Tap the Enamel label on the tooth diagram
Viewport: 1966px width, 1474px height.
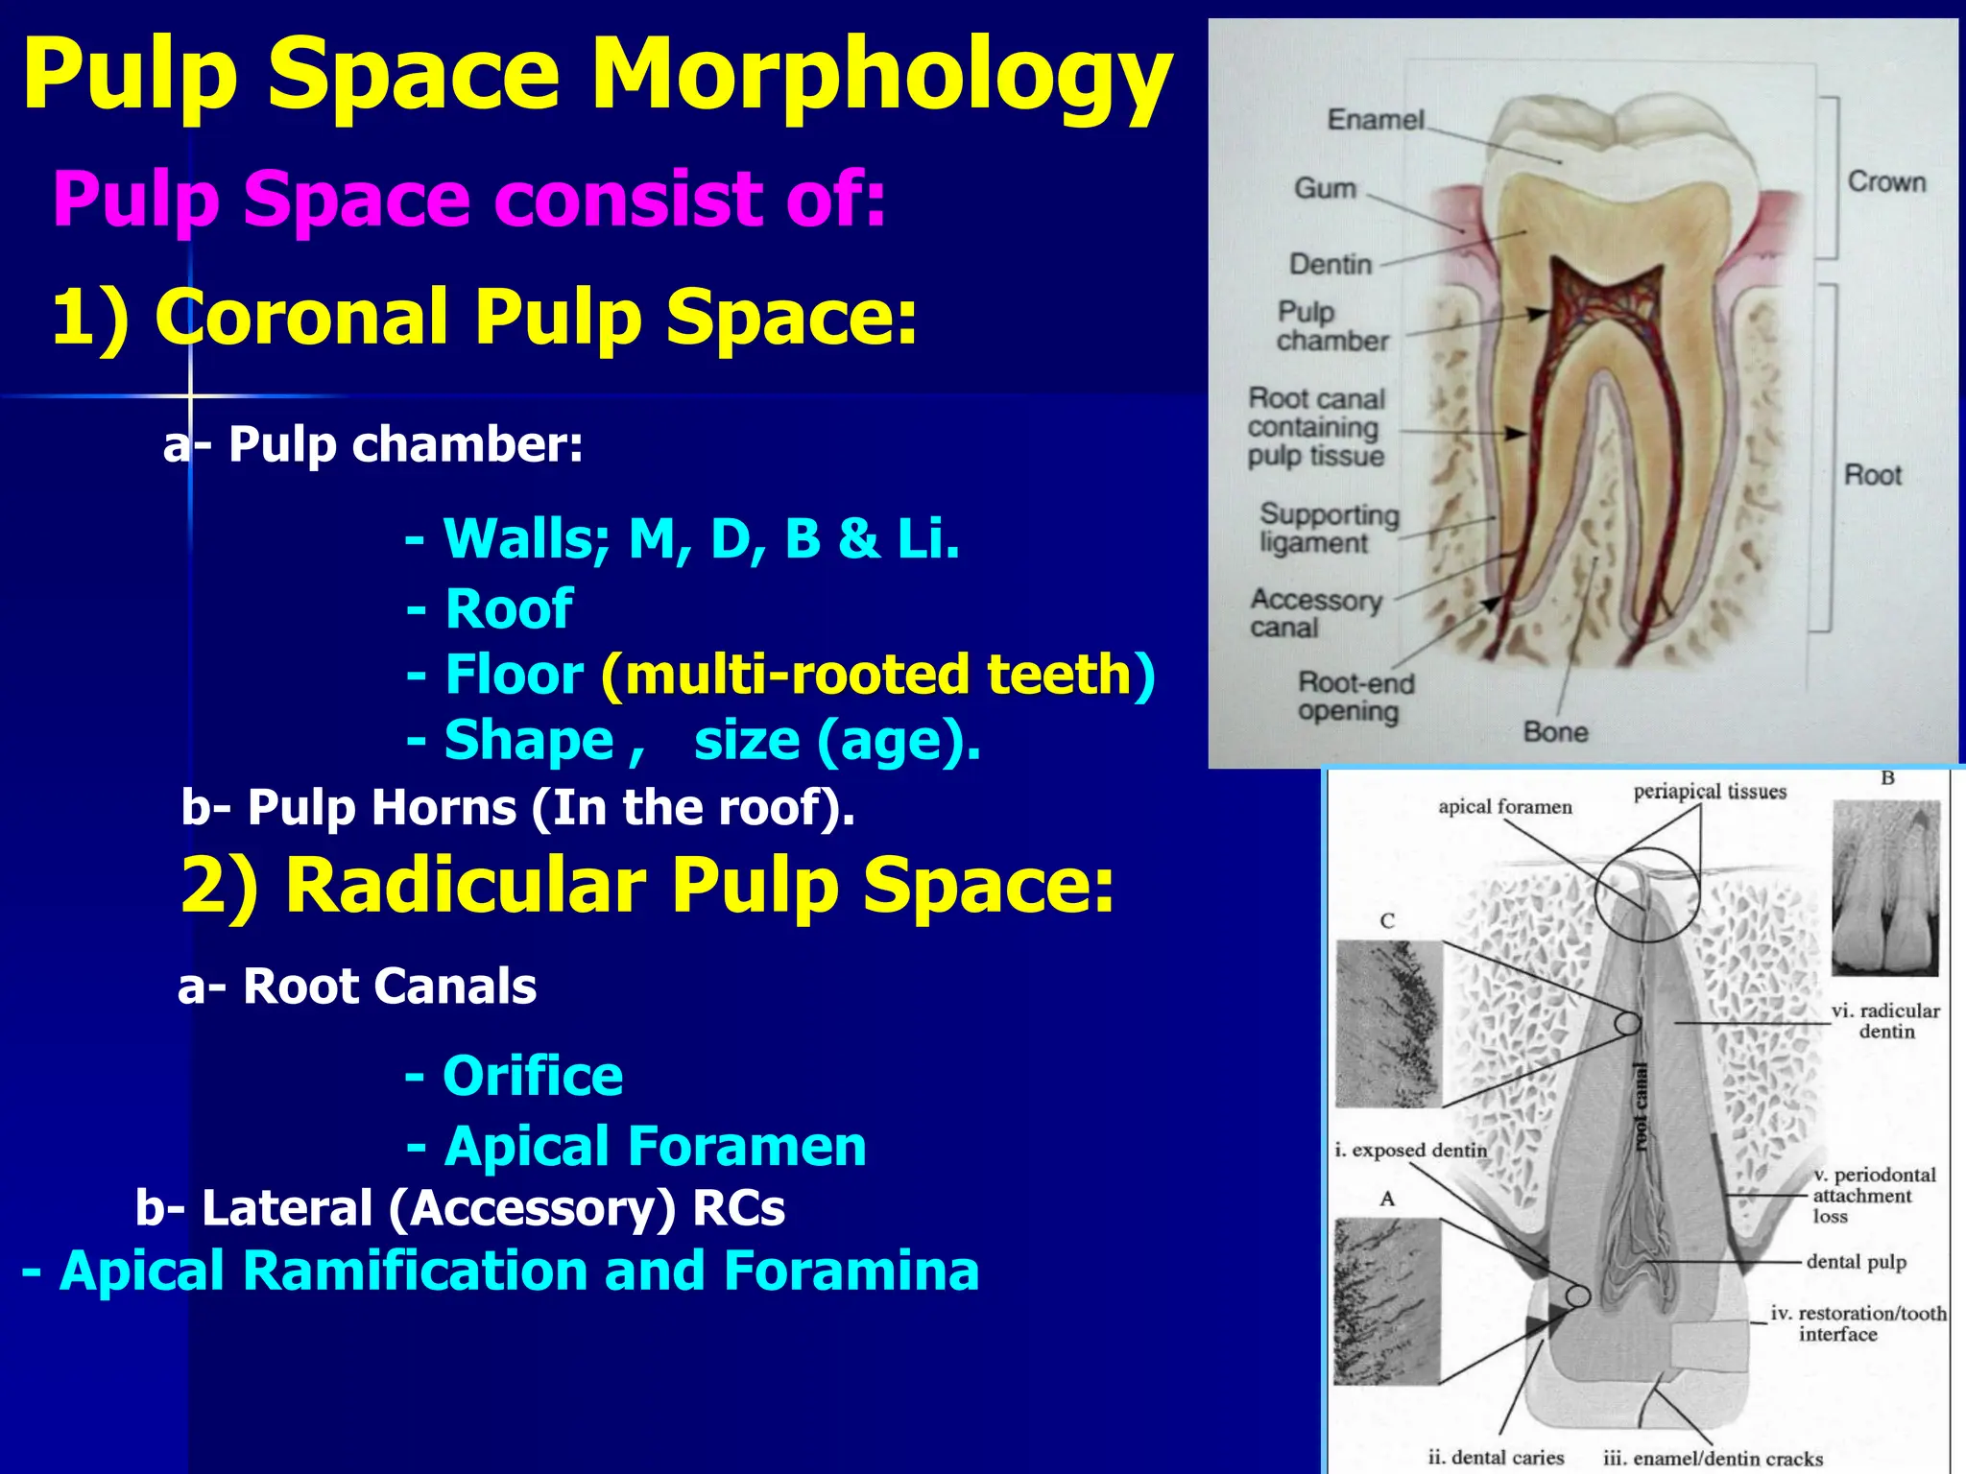(1376, 120)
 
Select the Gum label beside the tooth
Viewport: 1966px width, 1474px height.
(1325, 188)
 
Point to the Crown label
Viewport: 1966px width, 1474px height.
(1886, 182)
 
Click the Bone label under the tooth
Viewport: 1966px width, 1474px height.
(1555, 732)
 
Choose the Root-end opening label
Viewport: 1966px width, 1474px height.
(1355, 698)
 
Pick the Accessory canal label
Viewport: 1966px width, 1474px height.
(1314, 614)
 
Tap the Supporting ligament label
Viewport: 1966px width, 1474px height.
(1329, 529)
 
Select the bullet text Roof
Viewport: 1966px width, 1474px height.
(509, 608)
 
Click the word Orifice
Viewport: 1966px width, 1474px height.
(533, 1076)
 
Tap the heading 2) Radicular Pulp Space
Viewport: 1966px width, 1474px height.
(648, 885)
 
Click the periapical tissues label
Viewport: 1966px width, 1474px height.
(1710, 792)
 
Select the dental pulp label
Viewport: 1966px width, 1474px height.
(1856, 1262)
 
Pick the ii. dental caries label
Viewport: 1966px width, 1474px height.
(1496, 1457)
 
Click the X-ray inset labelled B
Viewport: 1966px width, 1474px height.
(1885, 888)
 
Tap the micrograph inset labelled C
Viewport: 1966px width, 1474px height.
(1388, 1023)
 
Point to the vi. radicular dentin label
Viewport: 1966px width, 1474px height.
(1884, 1021)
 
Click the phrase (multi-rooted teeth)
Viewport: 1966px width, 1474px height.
(877, 675)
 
